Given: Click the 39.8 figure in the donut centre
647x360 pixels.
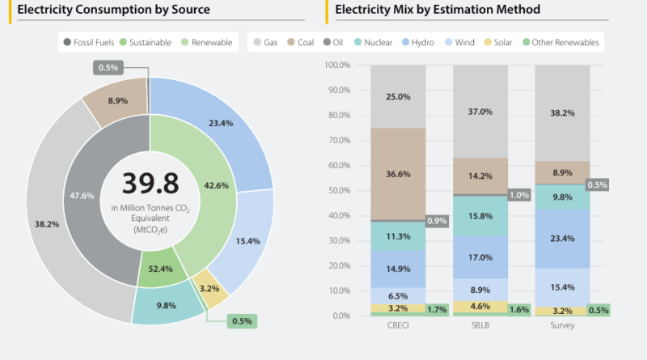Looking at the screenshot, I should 150,184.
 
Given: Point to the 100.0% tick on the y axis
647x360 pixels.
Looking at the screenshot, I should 337,64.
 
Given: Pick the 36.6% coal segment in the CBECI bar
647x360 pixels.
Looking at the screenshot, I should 398,173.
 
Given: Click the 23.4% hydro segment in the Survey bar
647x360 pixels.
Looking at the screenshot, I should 562,239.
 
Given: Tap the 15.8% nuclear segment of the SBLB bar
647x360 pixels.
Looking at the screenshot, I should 480,216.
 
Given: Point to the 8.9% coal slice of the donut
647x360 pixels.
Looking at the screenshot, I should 115,101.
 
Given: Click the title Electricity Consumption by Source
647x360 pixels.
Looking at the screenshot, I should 108,10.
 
